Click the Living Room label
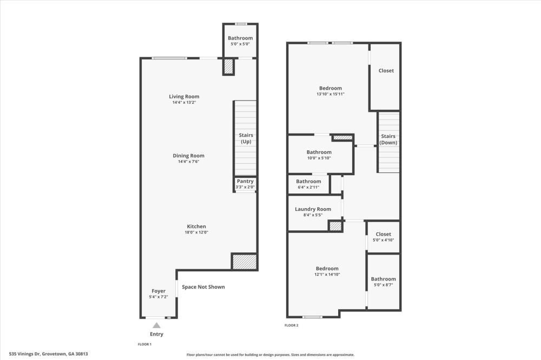click(x=184, y=97)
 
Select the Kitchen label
click(x=196, y=226)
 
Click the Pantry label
click(x=245, y=182)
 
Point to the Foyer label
click(x=159, y=291)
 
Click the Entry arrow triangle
click(x=156, y=325)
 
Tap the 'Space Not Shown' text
click(x=203, y=287)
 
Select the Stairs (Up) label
click(x=246, y=138)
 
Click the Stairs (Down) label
click(x=388, y=139)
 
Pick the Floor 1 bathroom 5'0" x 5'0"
click(x=240, y=41)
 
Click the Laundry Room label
click(x=313, y=209)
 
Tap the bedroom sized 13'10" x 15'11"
click(x=330, y=91)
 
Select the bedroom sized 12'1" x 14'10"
click(x=327, y=271)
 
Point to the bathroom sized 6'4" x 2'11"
click(x=308, y=184)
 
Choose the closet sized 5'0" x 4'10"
click(x=383, y=237)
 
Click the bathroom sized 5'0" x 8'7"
click(x=383, y=282)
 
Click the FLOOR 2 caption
click(x=291, y=325)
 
